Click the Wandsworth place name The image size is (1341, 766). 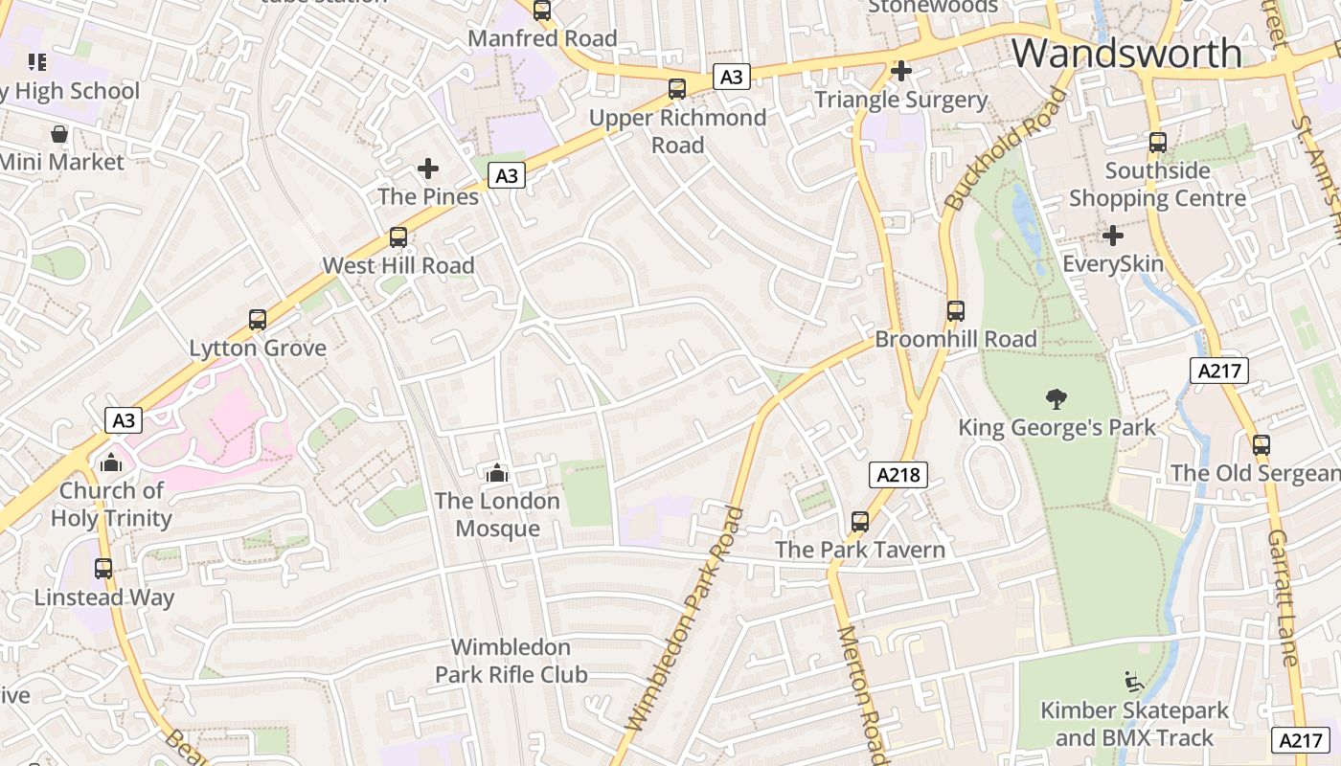pos(1126,52)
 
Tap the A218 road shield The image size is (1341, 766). pos(899,474)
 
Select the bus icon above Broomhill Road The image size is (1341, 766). pos(955,311)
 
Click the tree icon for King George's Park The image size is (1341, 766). pos(1057,398)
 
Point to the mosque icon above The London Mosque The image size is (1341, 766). pos(496,473)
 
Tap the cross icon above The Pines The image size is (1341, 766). pos(428,169)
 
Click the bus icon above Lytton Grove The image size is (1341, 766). pos(257,320)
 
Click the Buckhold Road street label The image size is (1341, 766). pos(1004,149)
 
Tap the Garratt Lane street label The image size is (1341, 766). pos(1282,597)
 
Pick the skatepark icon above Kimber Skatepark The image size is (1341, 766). pos(1133,682)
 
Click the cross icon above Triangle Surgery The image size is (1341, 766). pos(900,71)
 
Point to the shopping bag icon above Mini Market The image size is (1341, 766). pos(59,134)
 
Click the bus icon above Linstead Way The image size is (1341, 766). pos(103,569)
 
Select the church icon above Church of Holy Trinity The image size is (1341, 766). pos(111,463)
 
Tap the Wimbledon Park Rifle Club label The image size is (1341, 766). pos(511,661)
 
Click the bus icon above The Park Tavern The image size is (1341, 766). pos(860,522)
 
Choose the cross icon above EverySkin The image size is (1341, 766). pos(1112,236)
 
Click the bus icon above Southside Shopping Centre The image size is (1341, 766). pos(1157,143)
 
